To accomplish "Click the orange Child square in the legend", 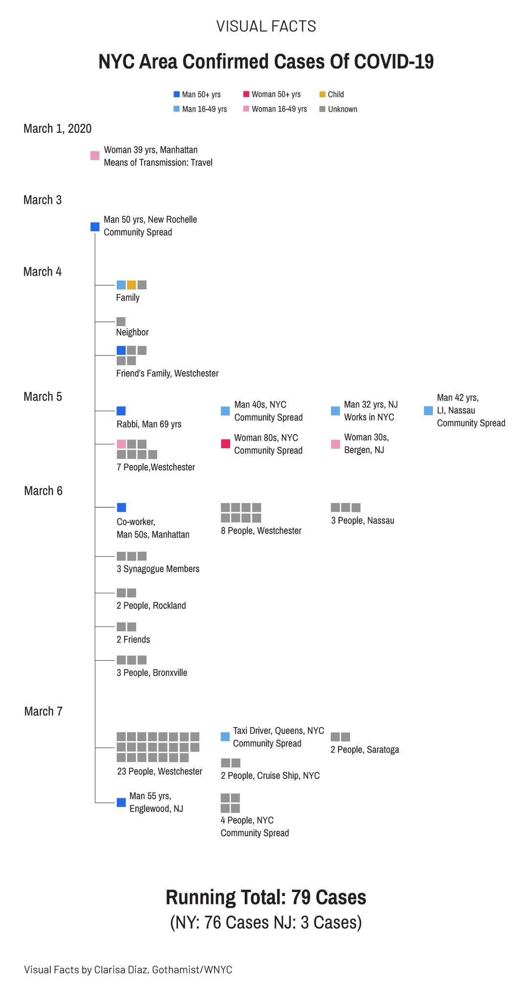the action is [x=322, y=94].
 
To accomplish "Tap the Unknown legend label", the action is [x=342, y=109].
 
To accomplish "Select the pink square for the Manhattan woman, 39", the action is [x=95, y=156].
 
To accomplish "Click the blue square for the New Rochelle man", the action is [x=95, y=227].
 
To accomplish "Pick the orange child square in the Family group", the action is [x=131, y=285].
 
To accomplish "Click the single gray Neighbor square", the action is [x=121, y=321].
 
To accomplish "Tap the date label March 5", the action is [x=43, y=396].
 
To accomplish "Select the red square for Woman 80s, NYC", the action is [x=225, y=444].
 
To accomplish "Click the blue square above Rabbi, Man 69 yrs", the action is [x=121, y=411].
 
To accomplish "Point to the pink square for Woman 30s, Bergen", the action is [x=335, y=444].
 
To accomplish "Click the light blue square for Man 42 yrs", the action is [x=428, y=411].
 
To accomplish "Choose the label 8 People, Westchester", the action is [x=261, y=531].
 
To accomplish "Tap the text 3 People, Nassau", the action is [x=362, y=521].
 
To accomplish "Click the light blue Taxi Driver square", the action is [x=225, y=736].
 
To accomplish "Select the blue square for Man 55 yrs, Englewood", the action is [x=121, y=802].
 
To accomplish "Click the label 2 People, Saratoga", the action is [x=365, y=750].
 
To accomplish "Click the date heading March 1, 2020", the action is [x=58, y=128].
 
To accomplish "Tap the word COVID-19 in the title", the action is [x=394, y=62].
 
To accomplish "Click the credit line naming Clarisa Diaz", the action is [x=128, y=969].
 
